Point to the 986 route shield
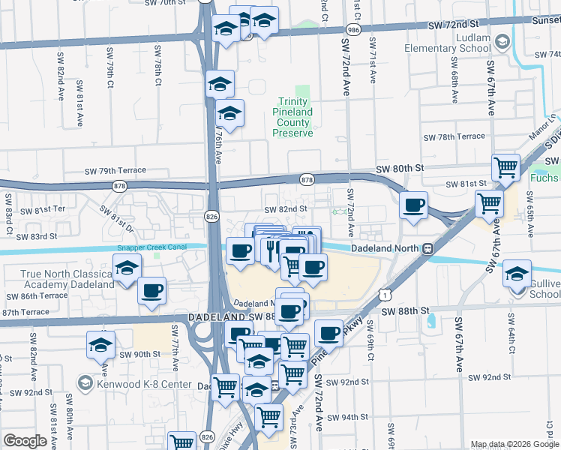pos(353,29)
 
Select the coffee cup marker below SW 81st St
pos(413,205)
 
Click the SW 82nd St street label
pos(286,209)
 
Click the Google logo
pos(25,440)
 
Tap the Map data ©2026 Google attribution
pos(514,445)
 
